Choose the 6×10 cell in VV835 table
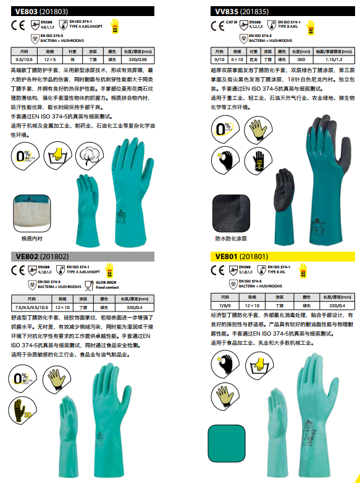[x=237, y=59]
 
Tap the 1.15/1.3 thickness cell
[x=333, y=59]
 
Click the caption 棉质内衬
[x=31, y=237]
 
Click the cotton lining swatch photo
[x=31, y=213]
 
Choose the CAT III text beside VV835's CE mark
[x=233, y=22]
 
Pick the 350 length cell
[x=301, y=59]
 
